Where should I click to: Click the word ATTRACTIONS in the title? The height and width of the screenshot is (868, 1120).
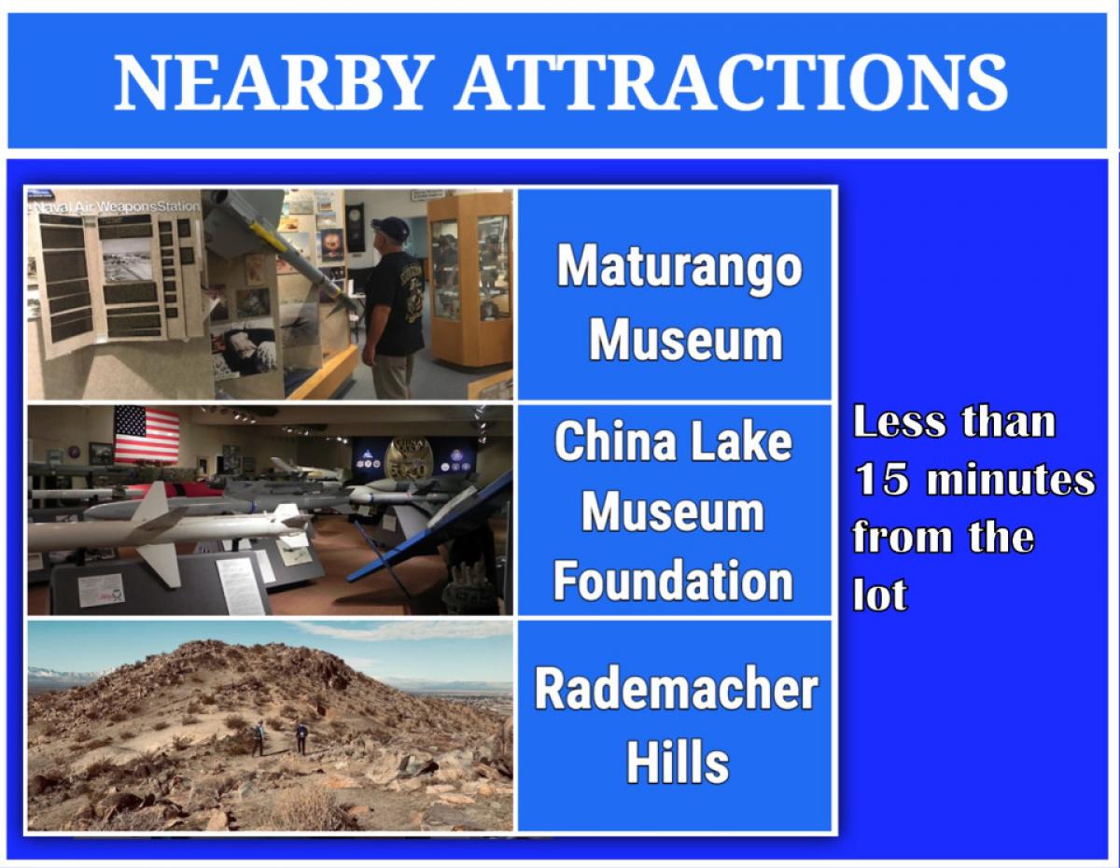coord(731,81)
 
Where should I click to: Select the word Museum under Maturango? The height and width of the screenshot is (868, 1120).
coord(685,341)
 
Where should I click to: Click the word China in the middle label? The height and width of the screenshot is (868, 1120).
coord(615,441)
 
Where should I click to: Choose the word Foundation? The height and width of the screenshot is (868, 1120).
coord(673,581)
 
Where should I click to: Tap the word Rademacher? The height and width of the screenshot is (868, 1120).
coord(677,689)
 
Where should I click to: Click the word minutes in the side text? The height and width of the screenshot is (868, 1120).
coord(1010,480)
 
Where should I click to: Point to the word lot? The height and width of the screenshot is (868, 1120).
coord(879,594)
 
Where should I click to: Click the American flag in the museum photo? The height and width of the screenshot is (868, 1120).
coord(147,434)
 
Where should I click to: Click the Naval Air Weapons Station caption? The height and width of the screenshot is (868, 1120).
coord(115,206)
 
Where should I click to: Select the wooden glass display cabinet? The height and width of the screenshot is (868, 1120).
coord(470,279)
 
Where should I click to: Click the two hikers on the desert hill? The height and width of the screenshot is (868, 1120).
coord(280,737)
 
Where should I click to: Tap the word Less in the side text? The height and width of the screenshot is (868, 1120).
coord(900,422)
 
